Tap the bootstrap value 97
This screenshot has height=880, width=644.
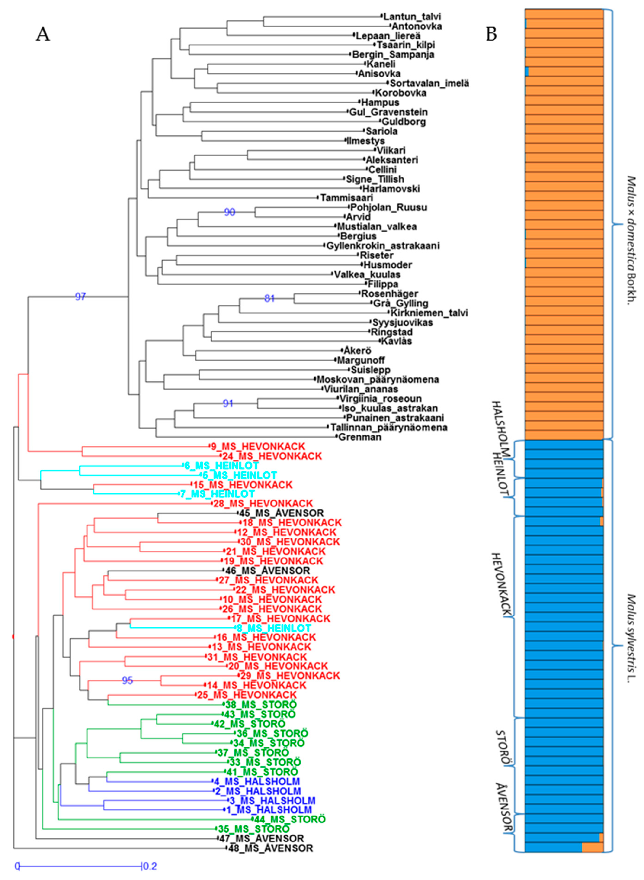(x=80, y=297)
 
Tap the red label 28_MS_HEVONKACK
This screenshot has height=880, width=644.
(x=263, y=504)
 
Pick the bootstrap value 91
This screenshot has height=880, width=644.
(x=228, y=403)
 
